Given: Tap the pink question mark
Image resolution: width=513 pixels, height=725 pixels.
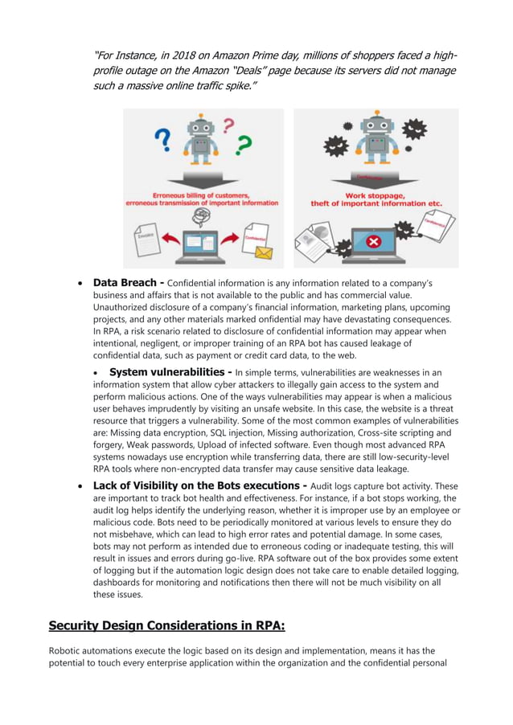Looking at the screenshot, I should click(228, 125).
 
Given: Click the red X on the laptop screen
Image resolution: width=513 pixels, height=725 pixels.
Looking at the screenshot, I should click(372, 242).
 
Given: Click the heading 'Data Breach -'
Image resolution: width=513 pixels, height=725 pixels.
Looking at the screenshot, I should click(128, 283).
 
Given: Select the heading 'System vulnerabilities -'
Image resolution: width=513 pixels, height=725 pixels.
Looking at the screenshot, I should click(171, 372).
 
